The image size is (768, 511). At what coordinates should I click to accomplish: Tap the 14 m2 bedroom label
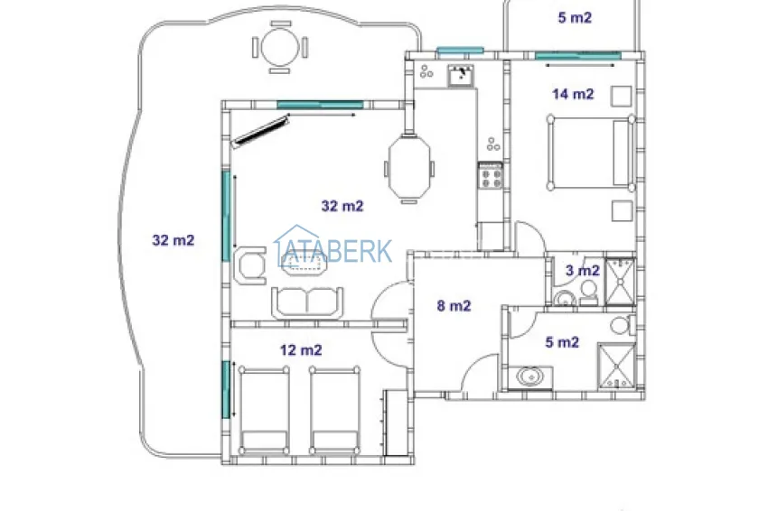[573, 93]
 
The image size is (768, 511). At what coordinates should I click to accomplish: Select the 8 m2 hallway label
[454, 306]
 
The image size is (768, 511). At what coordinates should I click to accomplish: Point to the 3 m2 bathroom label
[582, 270]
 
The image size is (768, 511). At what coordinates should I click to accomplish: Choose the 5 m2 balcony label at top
[574, 16]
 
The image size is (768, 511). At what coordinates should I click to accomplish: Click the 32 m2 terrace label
[173, 240]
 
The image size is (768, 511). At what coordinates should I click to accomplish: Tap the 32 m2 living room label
[342, 206]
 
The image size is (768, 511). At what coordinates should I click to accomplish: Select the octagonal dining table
[409, 165]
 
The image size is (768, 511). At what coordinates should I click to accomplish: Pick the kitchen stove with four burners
[490, 174]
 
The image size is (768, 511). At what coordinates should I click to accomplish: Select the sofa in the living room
[309, 302]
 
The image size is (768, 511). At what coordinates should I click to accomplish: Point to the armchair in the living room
[248, 266]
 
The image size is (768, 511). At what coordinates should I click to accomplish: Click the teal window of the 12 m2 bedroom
[225, 389]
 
